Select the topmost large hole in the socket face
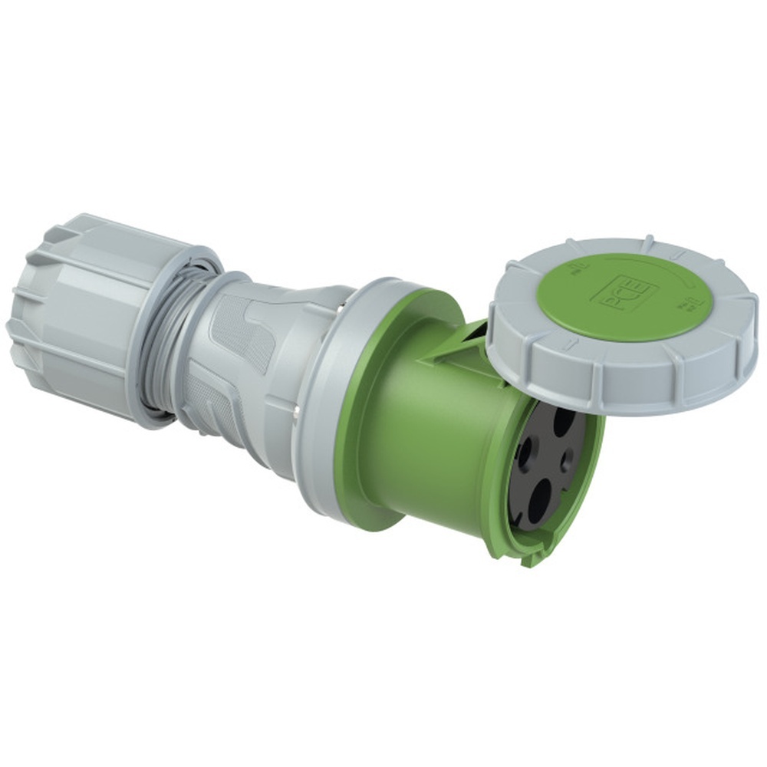coord(566,422)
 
